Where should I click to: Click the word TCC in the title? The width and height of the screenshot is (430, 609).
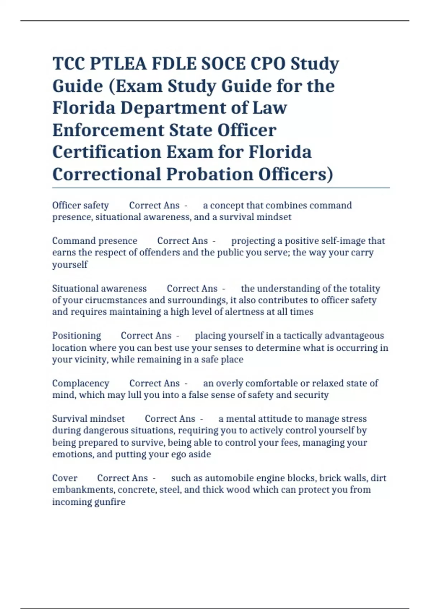68,64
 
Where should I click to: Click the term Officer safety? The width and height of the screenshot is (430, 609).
80,205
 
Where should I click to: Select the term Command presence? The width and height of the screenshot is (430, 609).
95,241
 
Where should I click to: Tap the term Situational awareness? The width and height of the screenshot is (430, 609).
99,288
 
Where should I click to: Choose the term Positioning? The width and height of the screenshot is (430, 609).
76,336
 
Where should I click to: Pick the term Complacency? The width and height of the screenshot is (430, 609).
80,383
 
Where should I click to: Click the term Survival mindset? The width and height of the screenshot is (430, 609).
88,419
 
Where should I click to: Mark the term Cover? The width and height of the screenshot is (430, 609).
64,478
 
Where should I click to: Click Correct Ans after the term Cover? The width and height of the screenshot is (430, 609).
122,478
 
